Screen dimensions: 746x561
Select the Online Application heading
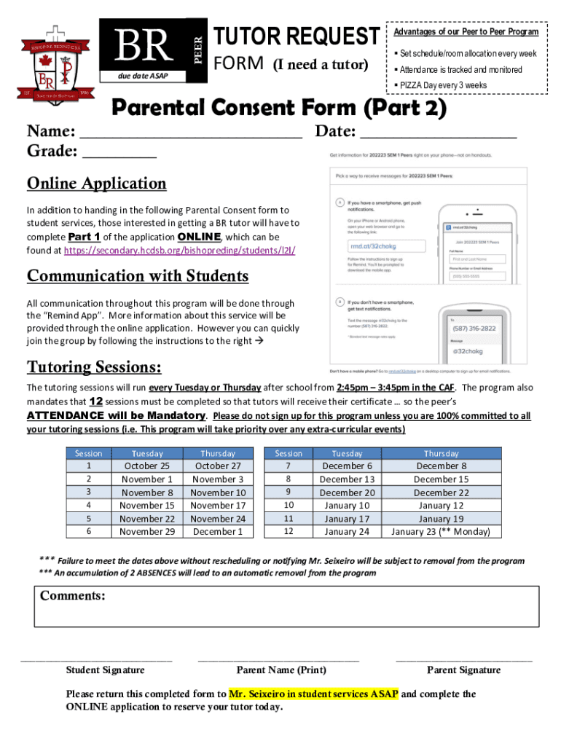pyautogui.click(x=96, y=184)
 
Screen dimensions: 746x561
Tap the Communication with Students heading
pyautogui.click(x=138, y=277)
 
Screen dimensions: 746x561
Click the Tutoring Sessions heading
pyautogui.click(x=94, y=366)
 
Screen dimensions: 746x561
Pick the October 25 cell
pyautogui.click(x=146, y=466)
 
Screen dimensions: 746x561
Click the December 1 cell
pyautogui.click(x=218, y=532)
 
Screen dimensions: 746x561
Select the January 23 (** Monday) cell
pyautogui.click(x=441, y=532)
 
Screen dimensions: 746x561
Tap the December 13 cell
pyautogui.click(x=347, y=479)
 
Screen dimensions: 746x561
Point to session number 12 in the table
pyautogui.click(x=289, y=532)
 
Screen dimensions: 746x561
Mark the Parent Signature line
pyautogui.click(x=463, y=659)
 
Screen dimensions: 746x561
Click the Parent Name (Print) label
pyautogui.click(x=281, y=670)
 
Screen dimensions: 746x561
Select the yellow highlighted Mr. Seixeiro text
pyautogui.click(x=313, y=694)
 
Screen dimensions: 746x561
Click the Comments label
pyautogui.click(x=73, y=597)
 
